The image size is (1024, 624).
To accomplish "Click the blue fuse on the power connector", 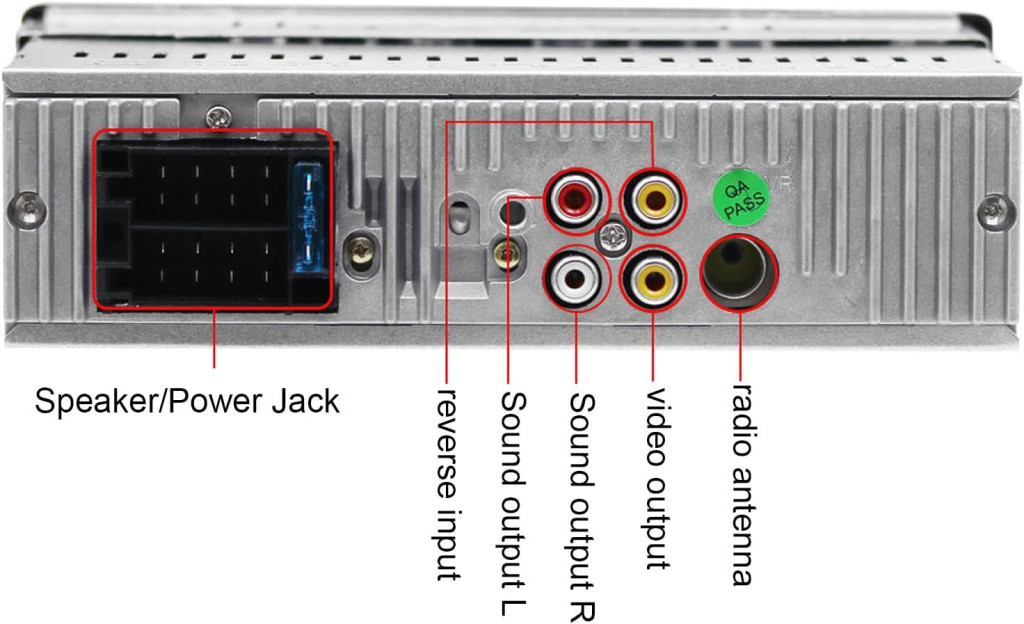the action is [x=308, y=219].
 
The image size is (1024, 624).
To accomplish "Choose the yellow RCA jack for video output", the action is [x=654, y=281].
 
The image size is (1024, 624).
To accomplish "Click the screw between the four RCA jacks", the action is [x=613, y=237].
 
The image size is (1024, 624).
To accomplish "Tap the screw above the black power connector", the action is [x=219, y=117].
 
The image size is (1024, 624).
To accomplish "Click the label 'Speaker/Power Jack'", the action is [x=187, y=401].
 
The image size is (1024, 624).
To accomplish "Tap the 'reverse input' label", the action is [x=448, y=484].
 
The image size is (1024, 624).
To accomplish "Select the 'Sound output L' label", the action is [x=513, y=503].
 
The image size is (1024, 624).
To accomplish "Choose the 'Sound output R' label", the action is [x=581, y=506].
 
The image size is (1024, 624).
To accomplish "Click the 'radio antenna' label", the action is [x=741, y=484].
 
